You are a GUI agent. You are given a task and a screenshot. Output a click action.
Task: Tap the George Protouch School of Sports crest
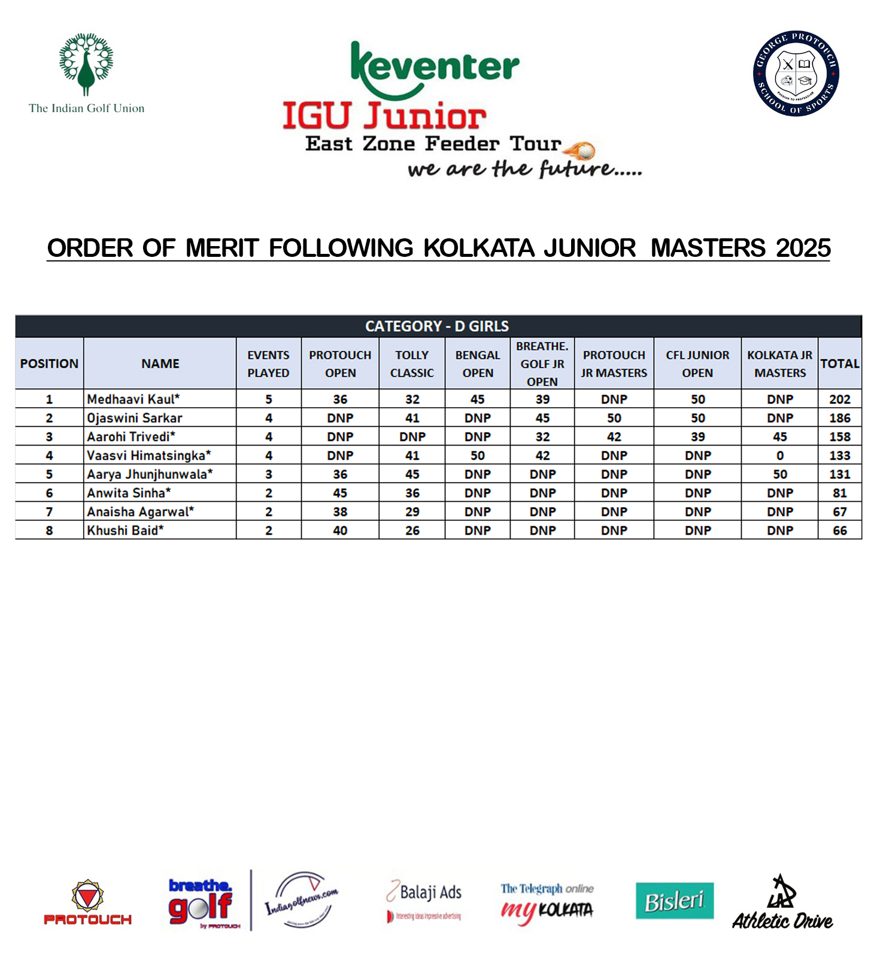(796, 74)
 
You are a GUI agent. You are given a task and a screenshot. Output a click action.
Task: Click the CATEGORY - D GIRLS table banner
(438, 326)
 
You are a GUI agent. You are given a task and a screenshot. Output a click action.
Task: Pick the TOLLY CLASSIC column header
(412, 363)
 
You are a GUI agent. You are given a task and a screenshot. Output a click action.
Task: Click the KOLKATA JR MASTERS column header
(779, 363)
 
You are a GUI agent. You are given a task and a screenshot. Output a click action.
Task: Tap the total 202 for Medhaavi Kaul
(839, 399)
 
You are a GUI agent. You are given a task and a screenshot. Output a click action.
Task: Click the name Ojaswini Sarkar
(134, 418)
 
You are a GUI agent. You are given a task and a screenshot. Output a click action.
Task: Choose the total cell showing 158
(839, 436)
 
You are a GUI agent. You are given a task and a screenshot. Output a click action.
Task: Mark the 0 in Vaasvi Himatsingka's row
(779, 456)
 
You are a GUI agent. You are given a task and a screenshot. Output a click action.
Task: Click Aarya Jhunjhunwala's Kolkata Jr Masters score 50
(779, 474)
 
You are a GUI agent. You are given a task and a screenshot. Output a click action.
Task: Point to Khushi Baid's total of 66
(839, 530)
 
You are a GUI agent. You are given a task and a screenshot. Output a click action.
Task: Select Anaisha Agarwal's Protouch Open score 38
(340, 512)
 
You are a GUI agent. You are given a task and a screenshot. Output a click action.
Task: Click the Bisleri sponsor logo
(674, 901)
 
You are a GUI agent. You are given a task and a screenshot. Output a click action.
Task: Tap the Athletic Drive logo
(782, 903)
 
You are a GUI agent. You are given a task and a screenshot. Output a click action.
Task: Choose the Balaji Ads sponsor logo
(424, 900)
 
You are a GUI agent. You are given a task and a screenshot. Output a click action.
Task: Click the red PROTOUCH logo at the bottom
(87, 903)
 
